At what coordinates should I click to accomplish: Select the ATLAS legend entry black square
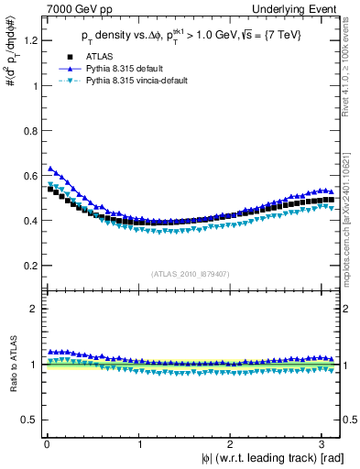pos(84,57)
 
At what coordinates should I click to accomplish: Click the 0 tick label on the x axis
pos(47,444)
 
